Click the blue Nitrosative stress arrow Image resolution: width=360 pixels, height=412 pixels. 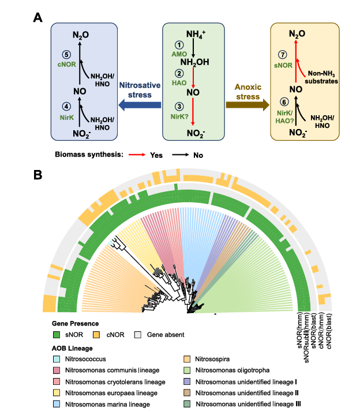click(x=140, y=104)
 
